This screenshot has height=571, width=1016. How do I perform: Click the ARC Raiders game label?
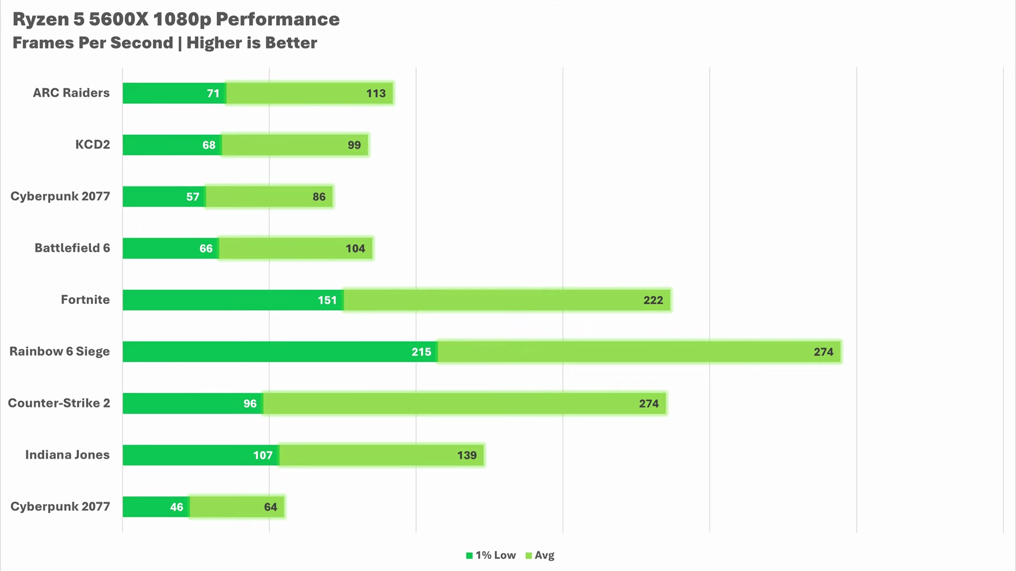(x=71, y=93)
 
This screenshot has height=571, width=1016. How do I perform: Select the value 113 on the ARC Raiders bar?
(x=376, y=94)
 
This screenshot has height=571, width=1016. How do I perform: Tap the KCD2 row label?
(x=92, y=144)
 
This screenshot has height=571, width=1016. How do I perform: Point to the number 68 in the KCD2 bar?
(x=208, y=145)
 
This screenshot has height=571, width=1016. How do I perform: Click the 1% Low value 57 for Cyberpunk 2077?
(x=193, y=197)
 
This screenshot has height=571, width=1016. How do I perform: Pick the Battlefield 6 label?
(x=72, y=248)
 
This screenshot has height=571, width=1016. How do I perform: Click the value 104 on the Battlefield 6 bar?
(x=355, y=248)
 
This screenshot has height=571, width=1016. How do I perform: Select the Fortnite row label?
(x=85, y=300)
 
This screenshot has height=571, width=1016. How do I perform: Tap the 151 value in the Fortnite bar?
(x=327, y=300)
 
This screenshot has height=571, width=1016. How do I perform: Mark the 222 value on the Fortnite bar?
(x=653, y=300)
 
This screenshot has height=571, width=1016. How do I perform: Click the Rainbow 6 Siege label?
(x=59, y=352)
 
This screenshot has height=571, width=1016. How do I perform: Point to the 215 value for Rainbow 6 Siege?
(x=421, y=352)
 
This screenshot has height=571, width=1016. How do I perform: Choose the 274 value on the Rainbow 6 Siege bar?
(x=823, y=352)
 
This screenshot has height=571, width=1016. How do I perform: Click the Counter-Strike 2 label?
(x=59, y=403)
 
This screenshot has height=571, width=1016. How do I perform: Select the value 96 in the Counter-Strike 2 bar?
(x=250, y=404)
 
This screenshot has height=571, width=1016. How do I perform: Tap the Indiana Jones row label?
(x=67, y=455)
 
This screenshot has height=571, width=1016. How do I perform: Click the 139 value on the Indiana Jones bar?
(x=467, y=455)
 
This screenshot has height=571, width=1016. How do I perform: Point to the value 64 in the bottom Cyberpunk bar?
(x=270, y=507)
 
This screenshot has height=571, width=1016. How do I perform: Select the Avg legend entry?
(x=540, y=555)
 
